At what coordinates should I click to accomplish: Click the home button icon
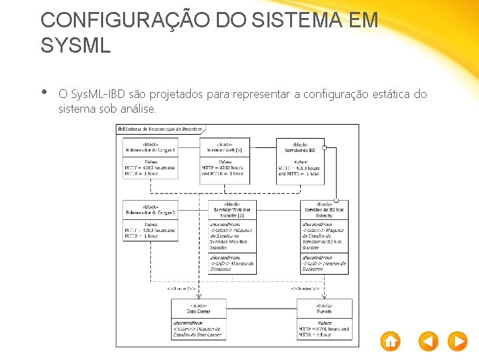point(391,341)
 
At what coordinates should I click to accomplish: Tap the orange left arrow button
point(428,341)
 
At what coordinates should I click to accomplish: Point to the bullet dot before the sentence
point(44,93)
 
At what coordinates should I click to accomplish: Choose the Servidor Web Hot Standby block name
point(232,210)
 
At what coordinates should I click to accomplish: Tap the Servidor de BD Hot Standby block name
point(324,210)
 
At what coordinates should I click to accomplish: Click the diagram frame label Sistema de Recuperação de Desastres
point(162,129)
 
